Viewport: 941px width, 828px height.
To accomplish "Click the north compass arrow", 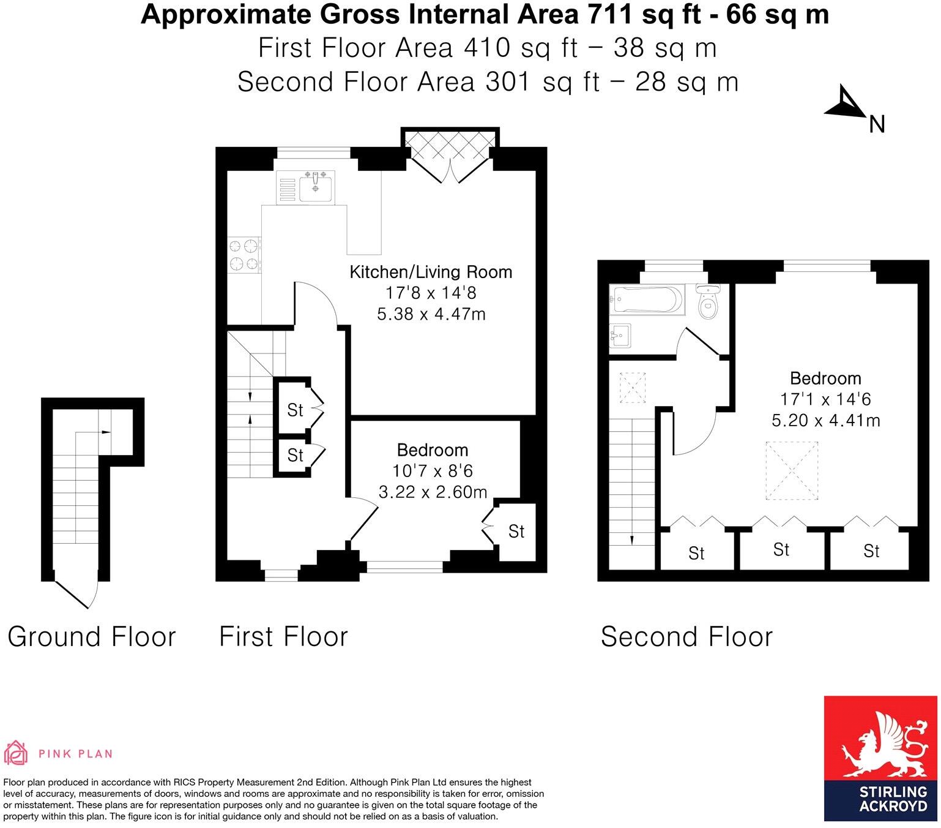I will (x=844, y=103).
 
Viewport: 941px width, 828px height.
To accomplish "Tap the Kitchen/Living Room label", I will (x=431, y=272).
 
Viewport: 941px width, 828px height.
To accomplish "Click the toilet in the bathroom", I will (x=709, y=302).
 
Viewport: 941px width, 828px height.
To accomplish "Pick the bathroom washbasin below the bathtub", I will (x=620, y=336).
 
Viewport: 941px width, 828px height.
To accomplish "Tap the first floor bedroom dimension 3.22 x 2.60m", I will (x=433, y=492).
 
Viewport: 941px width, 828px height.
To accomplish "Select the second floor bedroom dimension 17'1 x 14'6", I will (x=825, y=399).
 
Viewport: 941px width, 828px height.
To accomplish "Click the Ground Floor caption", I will (x=92, y=637).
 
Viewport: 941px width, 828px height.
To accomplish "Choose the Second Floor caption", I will (x=686, y=637).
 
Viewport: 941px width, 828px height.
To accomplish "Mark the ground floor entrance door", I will (x=76, y=592).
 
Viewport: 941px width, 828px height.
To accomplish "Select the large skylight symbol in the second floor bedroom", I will (x=792, y=472).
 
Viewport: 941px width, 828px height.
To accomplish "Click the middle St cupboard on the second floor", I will (x=781, y=549).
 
